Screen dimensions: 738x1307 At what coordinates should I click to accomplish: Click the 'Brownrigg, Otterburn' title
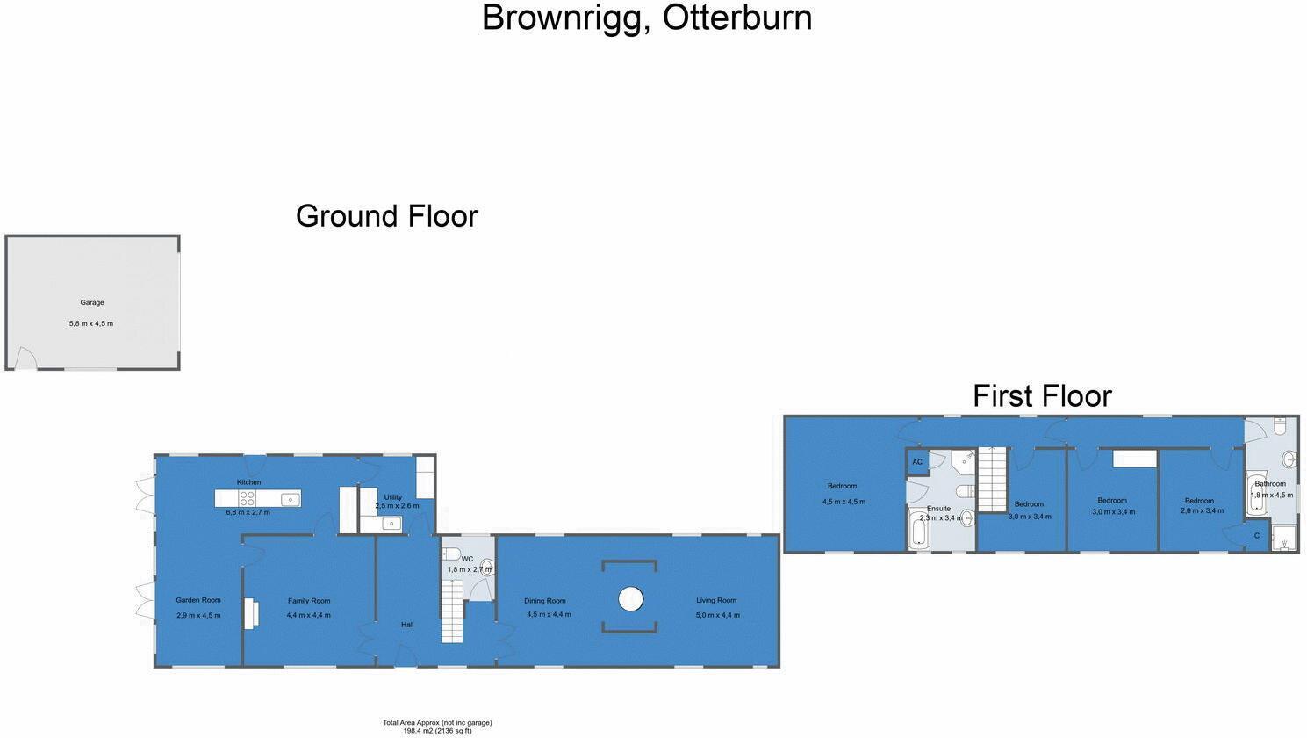click(x=647, y=18)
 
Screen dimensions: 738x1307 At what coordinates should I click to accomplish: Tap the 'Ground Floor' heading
click(x=386, y=216)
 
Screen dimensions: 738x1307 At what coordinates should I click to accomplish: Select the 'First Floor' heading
click(x=1042, y=396)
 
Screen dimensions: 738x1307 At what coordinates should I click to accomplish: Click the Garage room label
click(x=92, y=302)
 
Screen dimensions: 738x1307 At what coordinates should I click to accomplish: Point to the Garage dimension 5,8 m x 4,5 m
click(x=91, y=323)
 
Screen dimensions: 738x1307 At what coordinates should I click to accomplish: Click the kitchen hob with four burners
click(x=248, y=498)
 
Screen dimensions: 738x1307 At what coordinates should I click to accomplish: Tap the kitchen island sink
click(x=290, y=499)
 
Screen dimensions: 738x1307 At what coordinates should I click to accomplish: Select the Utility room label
click(x=392, y=497)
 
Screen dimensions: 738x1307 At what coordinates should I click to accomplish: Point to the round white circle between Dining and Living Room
click(x=630, y=599)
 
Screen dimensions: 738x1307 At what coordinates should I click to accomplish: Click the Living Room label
click(x=716, y=601)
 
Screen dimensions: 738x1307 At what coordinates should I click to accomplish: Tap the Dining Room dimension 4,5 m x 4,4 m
click(x=549, y=615)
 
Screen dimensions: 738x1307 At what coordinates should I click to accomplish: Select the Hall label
click(x=406, y=625)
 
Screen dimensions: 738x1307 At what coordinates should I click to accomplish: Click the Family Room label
click(x=309, y=601)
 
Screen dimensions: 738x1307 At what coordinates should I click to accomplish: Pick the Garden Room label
click(x=198, y=600)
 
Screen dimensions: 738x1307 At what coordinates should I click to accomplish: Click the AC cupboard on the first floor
click(x=917, y=462)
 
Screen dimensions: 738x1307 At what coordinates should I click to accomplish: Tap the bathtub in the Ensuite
click(x=919, y=530)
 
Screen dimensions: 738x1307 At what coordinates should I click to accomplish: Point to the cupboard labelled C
click(x=1256, y=536)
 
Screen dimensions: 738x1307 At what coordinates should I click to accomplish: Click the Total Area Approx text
click(x=437, y=723)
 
